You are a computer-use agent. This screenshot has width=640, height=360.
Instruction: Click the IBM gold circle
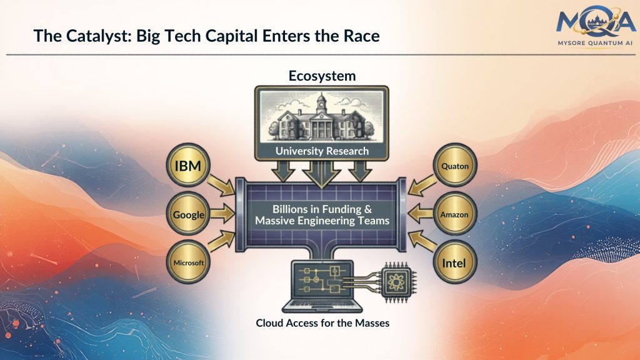coord(189,167)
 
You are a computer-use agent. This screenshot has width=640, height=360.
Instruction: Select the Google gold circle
coord(189,214)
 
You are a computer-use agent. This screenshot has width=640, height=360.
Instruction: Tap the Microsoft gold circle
coord(189,262)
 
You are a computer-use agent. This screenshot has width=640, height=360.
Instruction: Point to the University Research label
coord(322,151)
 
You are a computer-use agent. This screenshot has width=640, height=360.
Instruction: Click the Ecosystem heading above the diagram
coord(322,76)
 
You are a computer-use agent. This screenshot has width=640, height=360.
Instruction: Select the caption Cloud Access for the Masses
coord(322,323)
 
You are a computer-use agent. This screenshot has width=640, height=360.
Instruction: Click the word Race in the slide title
coord(361,36)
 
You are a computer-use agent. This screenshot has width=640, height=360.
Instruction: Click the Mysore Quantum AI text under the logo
coord(587,44)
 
